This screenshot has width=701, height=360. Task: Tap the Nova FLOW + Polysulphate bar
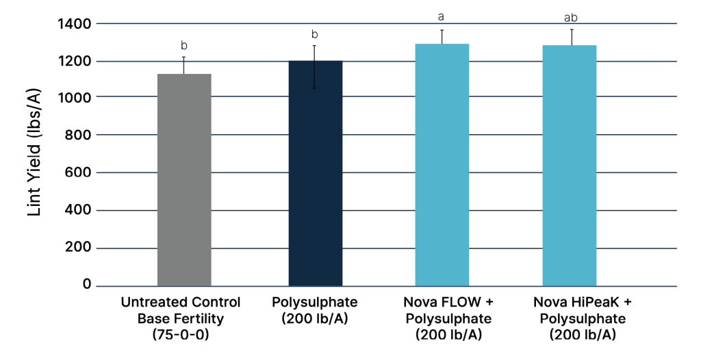point(442,164)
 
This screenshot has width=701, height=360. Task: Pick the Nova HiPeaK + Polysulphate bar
point(570,165)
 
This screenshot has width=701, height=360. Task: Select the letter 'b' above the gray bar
point(184,45)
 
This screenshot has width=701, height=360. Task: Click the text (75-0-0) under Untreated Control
point(181,335)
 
